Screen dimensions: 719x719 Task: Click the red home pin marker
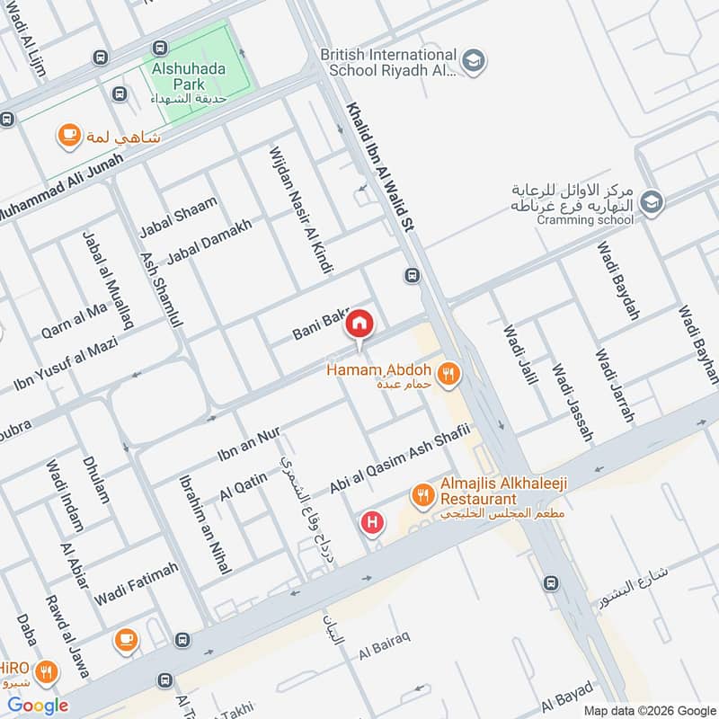tap(359, 323)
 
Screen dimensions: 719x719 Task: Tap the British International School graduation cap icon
tap(475, 60)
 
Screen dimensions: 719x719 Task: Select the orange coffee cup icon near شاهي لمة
tap(67, 136)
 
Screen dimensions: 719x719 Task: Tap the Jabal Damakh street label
tap(209, 240)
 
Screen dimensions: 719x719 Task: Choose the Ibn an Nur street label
tap(249, 444)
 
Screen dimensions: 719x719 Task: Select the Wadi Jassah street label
tap(573, 402)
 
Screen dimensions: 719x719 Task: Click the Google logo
tap(38, 706)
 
